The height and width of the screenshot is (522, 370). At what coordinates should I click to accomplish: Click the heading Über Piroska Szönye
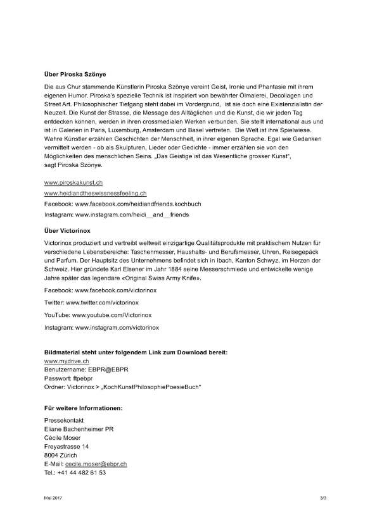(75, 73)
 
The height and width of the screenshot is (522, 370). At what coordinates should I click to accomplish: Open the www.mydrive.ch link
(66, 360)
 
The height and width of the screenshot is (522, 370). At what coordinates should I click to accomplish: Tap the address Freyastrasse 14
(67, 446)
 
